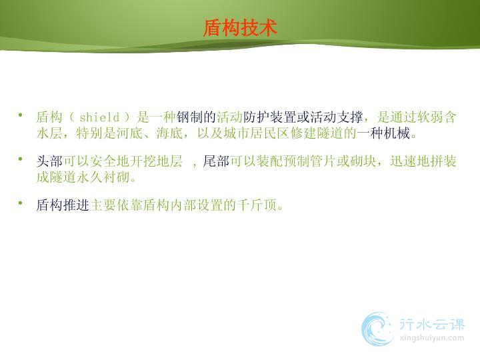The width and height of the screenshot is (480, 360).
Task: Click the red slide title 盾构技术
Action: [240, 28]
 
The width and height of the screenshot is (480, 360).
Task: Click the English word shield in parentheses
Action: [99, 117]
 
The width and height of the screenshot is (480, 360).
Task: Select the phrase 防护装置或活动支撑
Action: [303, 117]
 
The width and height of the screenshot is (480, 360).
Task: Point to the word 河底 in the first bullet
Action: [129, 133]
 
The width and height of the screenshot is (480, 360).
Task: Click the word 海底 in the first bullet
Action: [169, 133]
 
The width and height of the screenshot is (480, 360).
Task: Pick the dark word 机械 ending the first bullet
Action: [397, 133]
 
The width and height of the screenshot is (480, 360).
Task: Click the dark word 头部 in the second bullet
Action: [49, 161]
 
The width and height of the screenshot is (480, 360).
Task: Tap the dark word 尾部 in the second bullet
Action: [216, 161]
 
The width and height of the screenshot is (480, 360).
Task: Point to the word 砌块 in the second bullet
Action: [363, 161]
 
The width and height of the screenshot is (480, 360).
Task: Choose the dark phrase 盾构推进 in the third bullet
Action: [63, 205]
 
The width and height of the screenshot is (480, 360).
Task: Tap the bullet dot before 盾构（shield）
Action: [21, 115]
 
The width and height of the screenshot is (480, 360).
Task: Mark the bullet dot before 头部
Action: [21, 159]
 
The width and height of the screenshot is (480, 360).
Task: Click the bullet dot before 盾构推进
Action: [21, 203]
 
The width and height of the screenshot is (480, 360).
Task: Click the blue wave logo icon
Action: [377, 329]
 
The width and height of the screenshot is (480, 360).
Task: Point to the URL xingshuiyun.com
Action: [432, 338]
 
